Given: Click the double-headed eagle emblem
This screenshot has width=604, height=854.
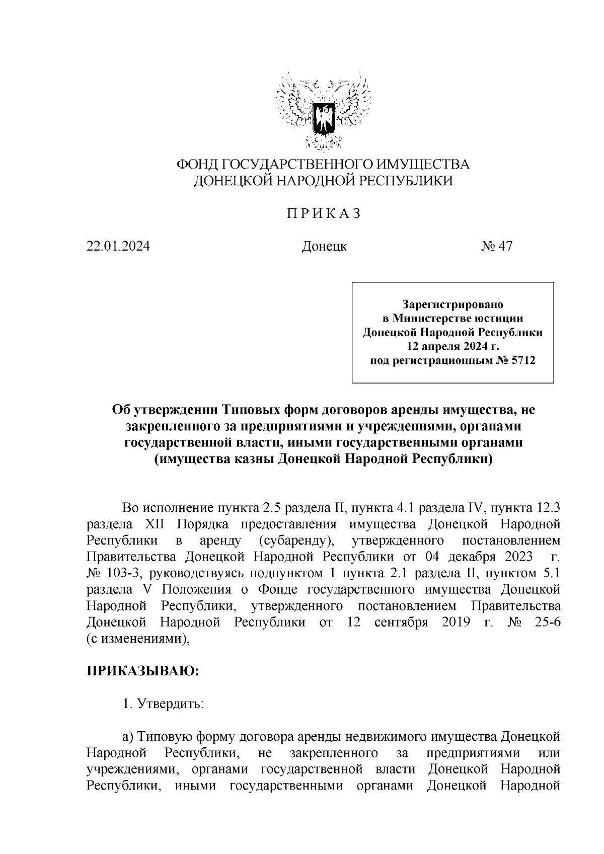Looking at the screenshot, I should point(324,112).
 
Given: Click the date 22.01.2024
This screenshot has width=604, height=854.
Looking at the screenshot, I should point(118,247).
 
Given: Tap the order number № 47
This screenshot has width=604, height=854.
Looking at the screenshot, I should point(496,247).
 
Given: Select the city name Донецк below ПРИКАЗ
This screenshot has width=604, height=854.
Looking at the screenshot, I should point(324,247).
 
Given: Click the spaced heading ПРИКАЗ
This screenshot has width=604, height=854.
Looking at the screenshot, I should point(324,213).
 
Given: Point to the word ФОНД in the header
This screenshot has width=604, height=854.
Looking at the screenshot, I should point(197,165).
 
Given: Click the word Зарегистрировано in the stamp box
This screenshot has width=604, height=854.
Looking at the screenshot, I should point(452,304).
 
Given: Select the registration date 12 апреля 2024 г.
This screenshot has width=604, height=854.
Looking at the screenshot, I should point(452,346).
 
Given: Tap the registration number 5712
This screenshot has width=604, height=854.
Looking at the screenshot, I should point(522,360).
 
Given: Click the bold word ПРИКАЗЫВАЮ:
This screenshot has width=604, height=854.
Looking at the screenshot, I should point(143,671).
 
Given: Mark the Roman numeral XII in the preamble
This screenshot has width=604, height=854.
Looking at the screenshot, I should point(155,524).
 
